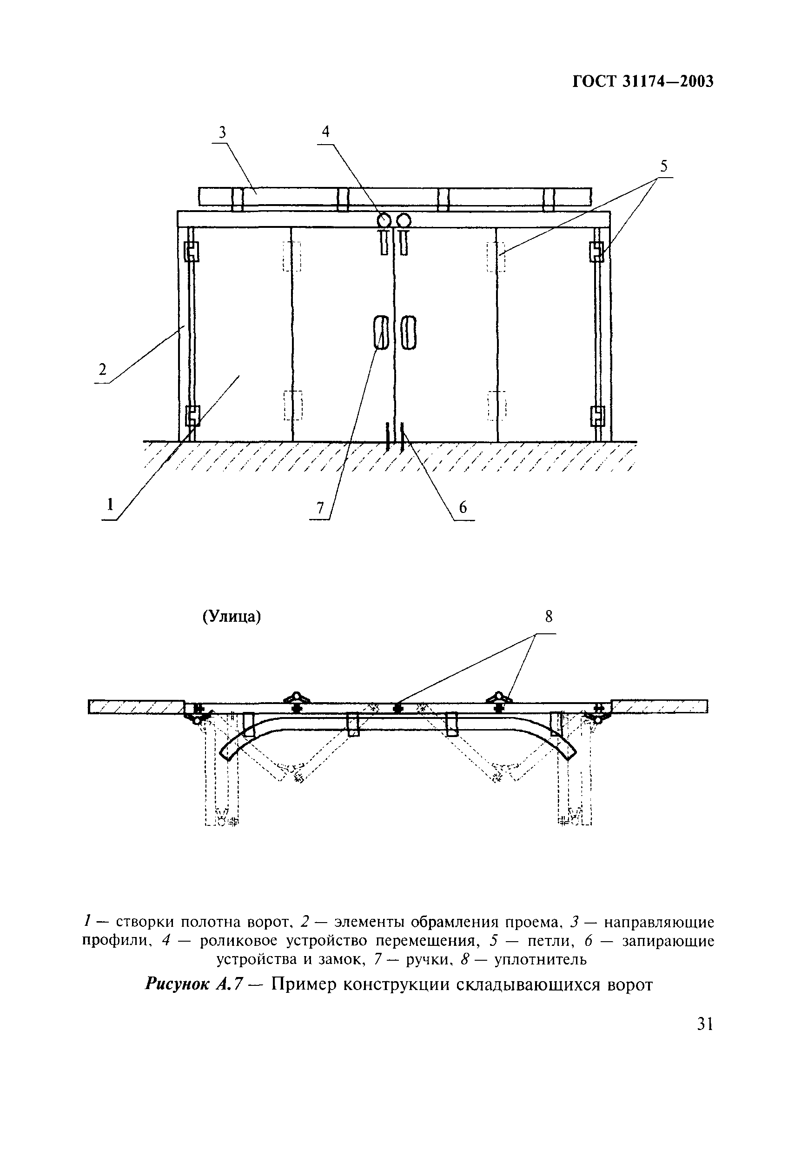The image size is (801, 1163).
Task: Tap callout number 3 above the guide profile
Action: click(x=222, y=132)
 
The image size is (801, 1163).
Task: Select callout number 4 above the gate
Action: click(x=326, y=132)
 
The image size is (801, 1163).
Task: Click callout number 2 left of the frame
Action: click(x=102, y=370)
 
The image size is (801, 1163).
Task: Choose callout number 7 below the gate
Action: click(x=320, y=508)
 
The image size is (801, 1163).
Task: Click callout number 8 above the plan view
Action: click(x=549, y=617)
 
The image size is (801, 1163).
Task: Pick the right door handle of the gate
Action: click(x=409, y=332)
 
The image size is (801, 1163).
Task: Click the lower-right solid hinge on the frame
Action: click(x=597, y=416)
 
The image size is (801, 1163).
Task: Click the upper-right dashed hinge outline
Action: click(x=496, y=256)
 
